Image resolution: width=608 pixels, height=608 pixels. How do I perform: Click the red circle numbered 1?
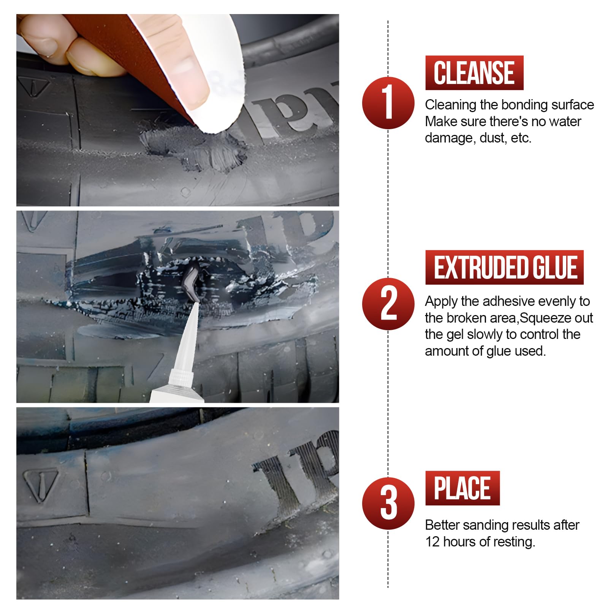pyautogui.click(x=388, y=103)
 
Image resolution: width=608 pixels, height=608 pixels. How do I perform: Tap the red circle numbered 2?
pyautogui.click(x=388, y=304)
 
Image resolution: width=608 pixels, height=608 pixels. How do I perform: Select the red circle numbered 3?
pyautogui.click(x=388, y=503)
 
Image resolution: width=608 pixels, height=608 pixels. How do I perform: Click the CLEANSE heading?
pyautogui.click(x=474, y=73)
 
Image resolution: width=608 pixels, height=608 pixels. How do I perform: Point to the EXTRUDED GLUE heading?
pyautogui.click(x=504, y=267)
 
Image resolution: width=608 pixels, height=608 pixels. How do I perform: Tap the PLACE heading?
pyautogui.click(x=462, y=488)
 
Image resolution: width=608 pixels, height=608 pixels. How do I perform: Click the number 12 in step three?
pyautogui.click(x=432, y=541)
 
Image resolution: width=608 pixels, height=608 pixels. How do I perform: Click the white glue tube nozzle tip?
pyautogui.click(x=197, y=303)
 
